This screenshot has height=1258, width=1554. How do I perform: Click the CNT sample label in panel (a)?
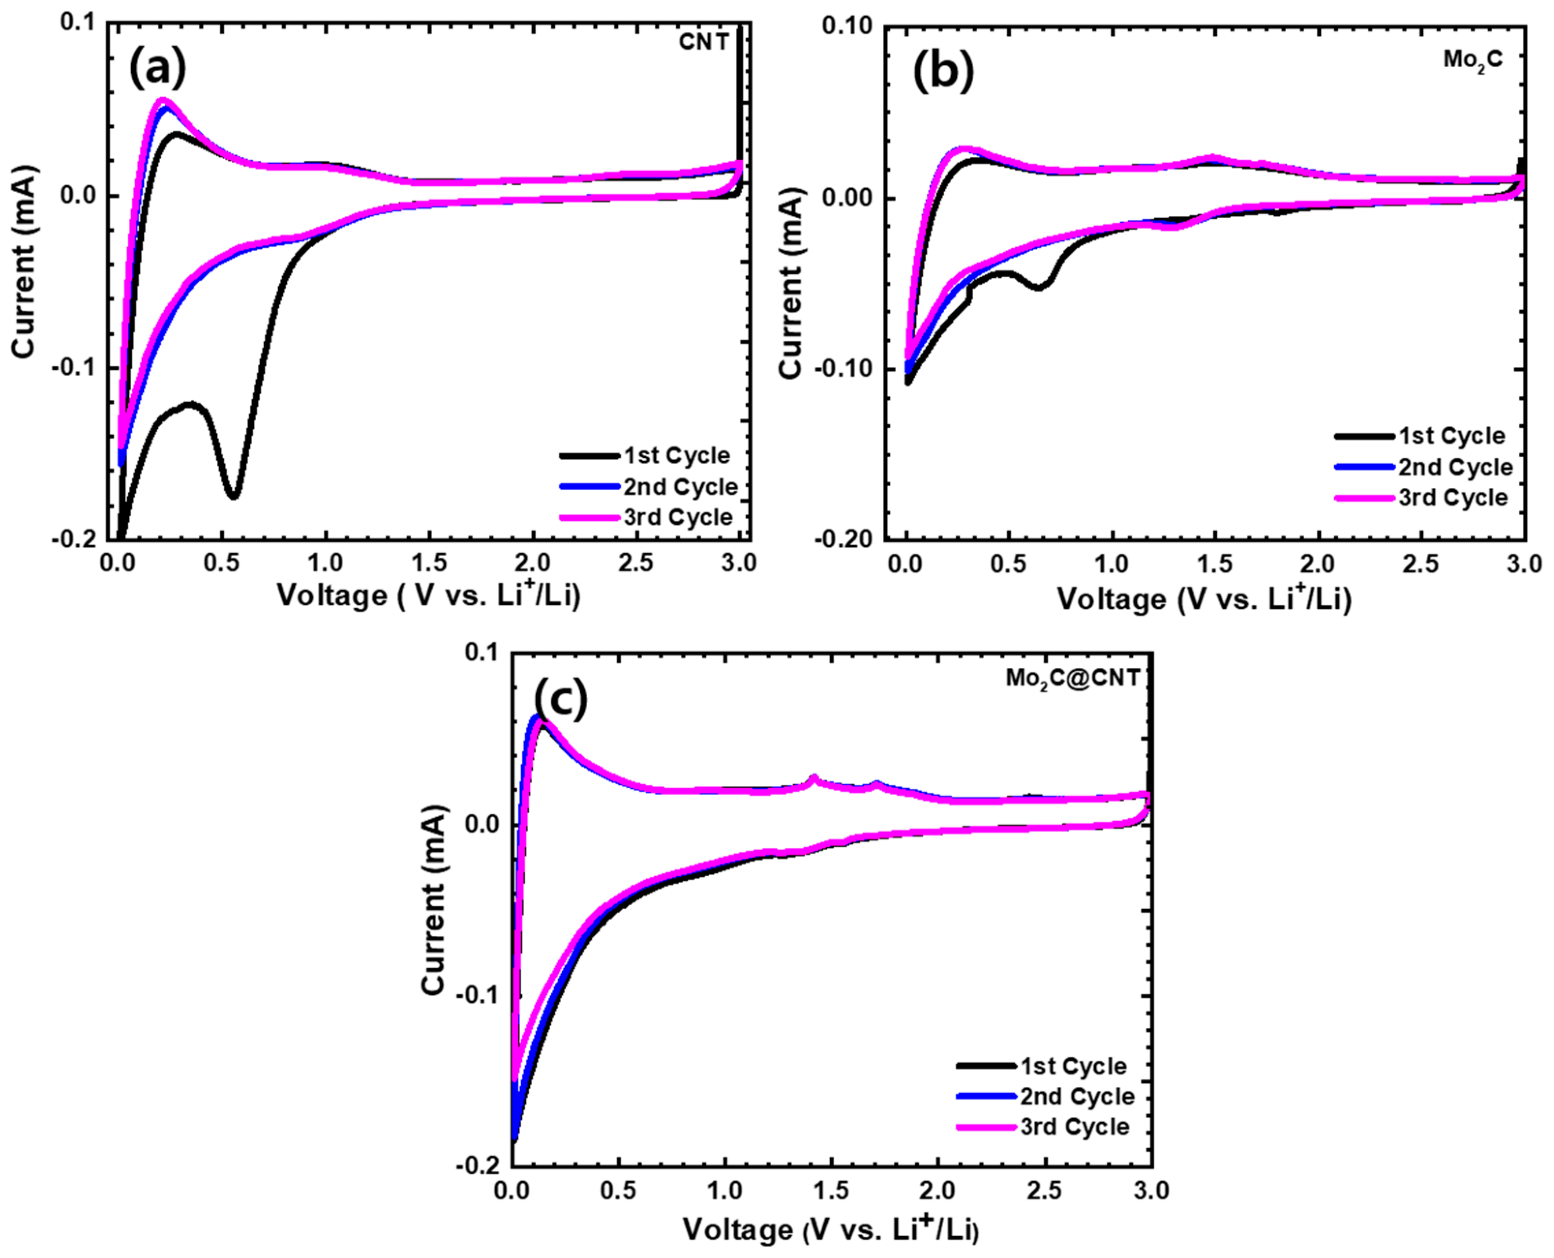click(x=703, y=42)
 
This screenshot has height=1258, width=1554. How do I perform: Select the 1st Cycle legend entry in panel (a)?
click(x=645, y=455)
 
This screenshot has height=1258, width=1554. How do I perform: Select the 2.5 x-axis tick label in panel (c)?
click(x=1044, y=1191)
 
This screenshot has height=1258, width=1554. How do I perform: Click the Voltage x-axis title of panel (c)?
click(x=830, y=1230)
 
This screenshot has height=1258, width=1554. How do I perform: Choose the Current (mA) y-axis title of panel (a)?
click(x=23, y=262)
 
